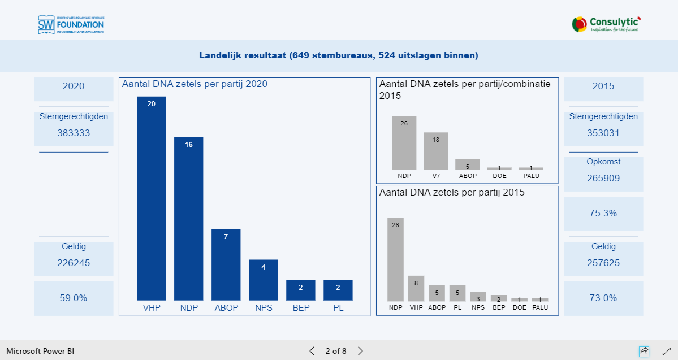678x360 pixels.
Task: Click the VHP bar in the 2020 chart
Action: click(151, 198)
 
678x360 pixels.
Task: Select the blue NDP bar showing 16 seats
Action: click(188, 219)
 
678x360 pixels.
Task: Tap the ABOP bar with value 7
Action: click(226, 264)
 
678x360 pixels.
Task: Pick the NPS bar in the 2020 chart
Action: click(263, 280)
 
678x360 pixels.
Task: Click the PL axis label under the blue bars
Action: click(338, 308)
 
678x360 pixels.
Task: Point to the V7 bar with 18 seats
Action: click(436, 151)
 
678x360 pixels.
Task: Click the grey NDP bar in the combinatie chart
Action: click(404, 142)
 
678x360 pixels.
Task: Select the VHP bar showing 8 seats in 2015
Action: click(416, 288)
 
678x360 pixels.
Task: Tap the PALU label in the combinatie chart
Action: click(531, 176)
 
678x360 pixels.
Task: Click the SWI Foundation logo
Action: click(71, 24)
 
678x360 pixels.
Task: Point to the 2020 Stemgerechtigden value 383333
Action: click(74, 133)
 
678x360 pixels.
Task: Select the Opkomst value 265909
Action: click(603, 179)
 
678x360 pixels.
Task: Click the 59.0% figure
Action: click(74, 298)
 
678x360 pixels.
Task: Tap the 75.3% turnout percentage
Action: click(603, 214)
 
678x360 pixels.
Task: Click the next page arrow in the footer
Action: click(360, 351)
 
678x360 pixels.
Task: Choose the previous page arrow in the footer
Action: click(312, 351)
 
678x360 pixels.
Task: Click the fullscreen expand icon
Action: click(667, 351)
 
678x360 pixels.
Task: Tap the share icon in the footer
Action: click(644, 351)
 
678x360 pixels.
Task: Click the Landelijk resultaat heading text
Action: click(339, 55)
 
